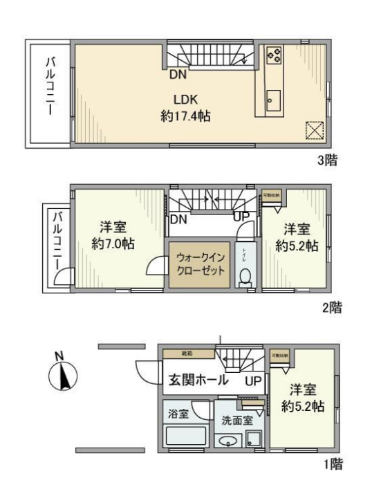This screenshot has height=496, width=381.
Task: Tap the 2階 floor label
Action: [x=331, y=308]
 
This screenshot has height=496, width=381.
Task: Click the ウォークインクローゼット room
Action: [x=199, y=263]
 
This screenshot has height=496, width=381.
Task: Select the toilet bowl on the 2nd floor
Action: [x=244, y=277]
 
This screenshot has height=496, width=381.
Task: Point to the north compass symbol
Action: [x=62, y=376]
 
